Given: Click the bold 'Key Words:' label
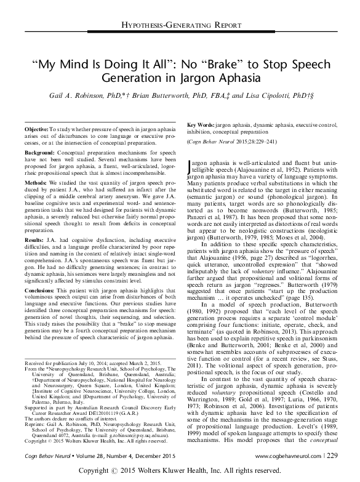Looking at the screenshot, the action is [x=199, y=124].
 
